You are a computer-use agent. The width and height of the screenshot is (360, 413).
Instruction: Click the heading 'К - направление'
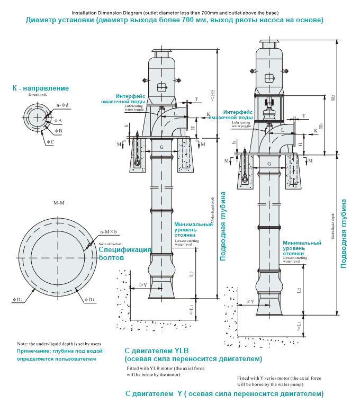click(41, 88)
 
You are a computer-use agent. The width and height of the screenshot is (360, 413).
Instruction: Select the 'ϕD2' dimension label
click(17, 300)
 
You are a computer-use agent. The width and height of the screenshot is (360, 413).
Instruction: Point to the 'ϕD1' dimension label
click(89, 300)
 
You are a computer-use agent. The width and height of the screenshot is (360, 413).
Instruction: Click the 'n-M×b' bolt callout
click(108, 232)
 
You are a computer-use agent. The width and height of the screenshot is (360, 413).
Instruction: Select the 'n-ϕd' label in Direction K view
click(63, 105)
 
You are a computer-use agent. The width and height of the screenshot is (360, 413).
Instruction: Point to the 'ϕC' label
click(50, 142)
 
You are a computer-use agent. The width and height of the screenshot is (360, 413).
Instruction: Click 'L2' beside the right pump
click(299, 290)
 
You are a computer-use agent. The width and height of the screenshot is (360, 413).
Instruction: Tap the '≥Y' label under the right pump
click(250, 301)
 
